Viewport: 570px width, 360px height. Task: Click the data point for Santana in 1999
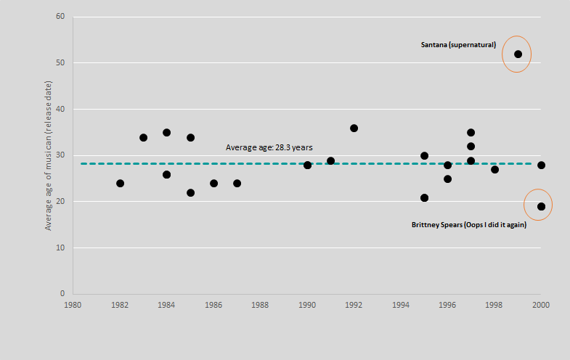pos(518,54)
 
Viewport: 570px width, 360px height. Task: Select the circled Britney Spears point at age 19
pos(541,207)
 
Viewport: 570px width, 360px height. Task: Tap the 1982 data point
pos(120,183)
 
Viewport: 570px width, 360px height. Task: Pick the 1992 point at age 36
pos(354,128)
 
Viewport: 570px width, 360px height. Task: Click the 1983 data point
pos(143,137)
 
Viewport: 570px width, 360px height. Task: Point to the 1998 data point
pos(494,169)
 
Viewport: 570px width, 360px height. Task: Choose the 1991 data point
pos(330,160)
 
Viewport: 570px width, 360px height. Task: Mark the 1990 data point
pos(307,165)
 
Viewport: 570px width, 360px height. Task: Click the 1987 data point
pos(237,183)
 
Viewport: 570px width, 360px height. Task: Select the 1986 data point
pos(213,183)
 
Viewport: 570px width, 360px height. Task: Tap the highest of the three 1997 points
pos(471,133)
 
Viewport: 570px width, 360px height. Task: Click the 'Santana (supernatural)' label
pos(458,45)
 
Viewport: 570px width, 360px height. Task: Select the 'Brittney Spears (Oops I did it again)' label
pos(468,225)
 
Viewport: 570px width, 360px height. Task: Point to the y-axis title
pos(49,156)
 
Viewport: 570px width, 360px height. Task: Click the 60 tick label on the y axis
pos(60,17)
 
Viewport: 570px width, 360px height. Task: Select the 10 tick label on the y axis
pos(60,247)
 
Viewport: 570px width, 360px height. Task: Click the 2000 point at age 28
pos(541,165)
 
